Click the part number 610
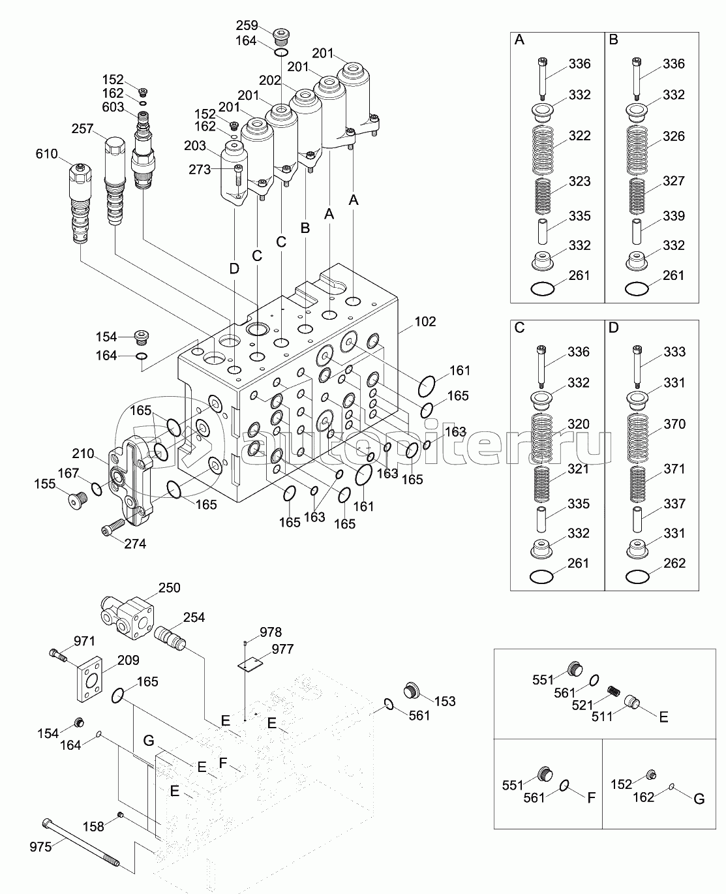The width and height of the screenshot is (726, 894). point(47,154)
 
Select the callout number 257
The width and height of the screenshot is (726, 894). point(82,129)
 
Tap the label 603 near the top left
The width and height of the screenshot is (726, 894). point(113,108)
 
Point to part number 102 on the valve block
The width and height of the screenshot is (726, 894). point(425,322)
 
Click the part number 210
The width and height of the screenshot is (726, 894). point(83,454)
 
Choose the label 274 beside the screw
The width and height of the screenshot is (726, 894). point(135,544)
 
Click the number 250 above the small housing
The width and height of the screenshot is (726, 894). point(169,587)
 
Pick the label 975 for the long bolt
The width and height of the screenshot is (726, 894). point(40,847)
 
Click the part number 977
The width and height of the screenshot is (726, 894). point(282,649)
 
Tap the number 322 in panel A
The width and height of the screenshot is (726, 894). point(579,136)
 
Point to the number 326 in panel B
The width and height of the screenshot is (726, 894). point(674,136)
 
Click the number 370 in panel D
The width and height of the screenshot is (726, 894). point(674,424)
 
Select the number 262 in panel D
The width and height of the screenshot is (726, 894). point(674,563)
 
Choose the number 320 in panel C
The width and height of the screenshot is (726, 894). point(579,424)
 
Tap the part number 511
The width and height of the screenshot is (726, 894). point(602,716)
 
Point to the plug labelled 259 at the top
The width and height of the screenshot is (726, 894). point(282,33)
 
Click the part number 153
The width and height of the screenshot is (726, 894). point(444,701)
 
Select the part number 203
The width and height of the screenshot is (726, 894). point(195,146)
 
